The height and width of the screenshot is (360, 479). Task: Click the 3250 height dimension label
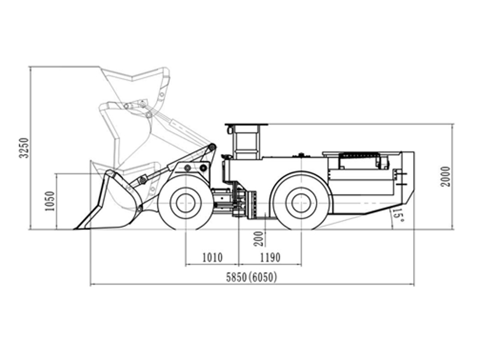[x=23, y=148]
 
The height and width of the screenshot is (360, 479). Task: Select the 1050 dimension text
[x=50, y=201]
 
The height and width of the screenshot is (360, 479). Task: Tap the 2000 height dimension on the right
[x=445, y=177]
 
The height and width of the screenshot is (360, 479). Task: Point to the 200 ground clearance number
[x=259, y=238]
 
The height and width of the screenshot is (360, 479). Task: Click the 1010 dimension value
[x=213, y=258]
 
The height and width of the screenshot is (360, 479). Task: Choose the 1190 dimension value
[x=270, y=258]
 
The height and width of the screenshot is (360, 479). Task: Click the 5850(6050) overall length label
[x=251, y=277]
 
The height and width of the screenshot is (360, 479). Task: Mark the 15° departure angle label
[x=398, y=216]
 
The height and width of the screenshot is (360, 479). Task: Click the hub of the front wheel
[x=185, y=203]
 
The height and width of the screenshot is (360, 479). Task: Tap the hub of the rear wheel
[x=301, y=203]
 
